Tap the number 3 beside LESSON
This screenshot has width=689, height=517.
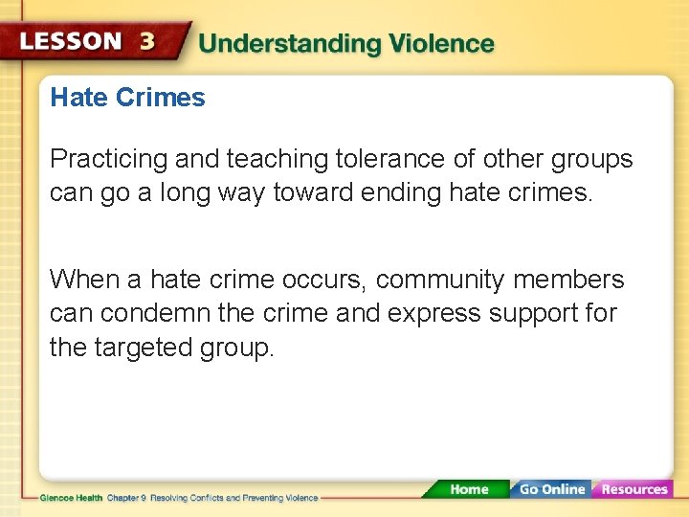pos(147,41)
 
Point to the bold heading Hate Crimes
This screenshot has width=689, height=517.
pos(127,98)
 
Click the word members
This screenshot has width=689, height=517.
pos(568,280)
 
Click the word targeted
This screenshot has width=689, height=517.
pos(141,347)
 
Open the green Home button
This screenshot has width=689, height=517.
pos(468,489)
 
